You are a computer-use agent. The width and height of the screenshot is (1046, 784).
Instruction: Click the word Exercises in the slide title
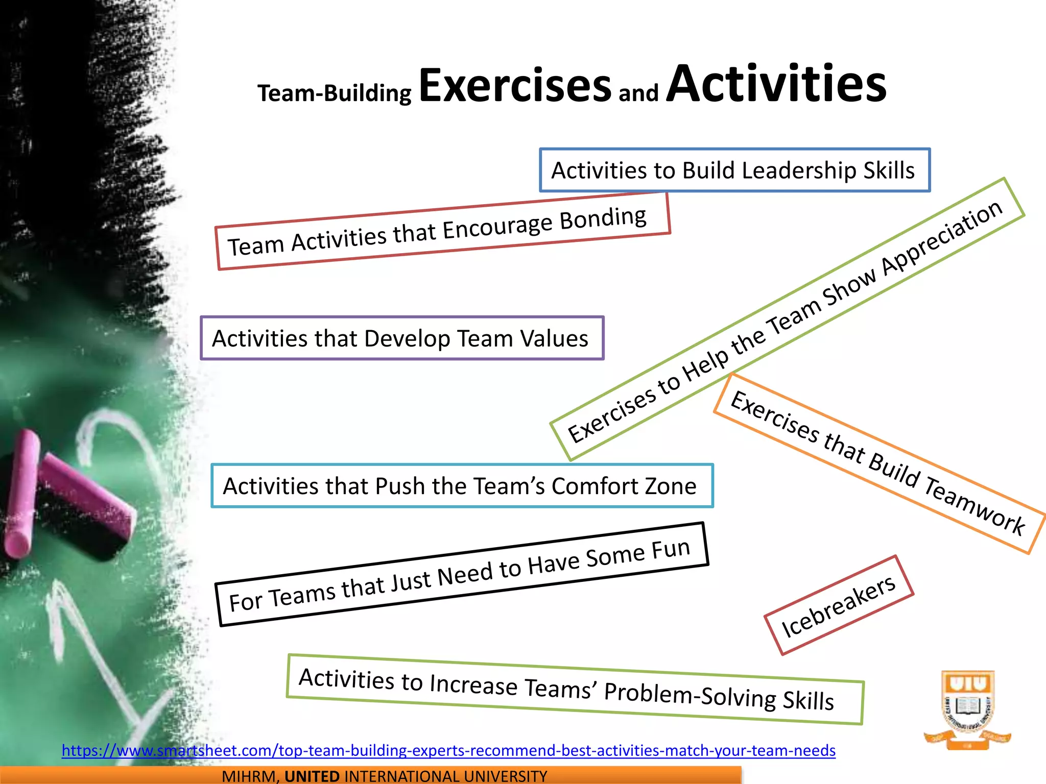(x=515, y=85)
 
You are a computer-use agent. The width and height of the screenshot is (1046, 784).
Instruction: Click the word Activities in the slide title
(x=776, y=84)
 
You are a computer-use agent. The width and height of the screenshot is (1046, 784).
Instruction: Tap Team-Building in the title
(x=335, y=93)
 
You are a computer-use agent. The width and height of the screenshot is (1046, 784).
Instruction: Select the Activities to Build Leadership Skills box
(x=734, y=170)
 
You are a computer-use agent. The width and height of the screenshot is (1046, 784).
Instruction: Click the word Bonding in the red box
(x=603, y=218)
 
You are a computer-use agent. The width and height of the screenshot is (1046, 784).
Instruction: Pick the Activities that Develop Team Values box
(x=402, y=338)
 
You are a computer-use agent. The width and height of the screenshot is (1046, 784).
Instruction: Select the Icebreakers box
(x=838, y=606)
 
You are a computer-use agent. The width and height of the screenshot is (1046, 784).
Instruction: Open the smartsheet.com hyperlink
(x=448, y=750)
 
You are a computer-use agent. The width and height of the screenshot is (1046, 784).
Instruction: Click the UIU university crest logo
(x=967, y=709)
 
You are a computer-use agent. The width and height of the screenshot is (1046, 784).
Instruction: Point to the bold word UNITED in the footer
(x=312, y=776)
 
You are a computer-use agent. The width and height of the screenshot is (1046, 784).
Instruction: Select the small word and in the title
(x=638, y=93)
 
